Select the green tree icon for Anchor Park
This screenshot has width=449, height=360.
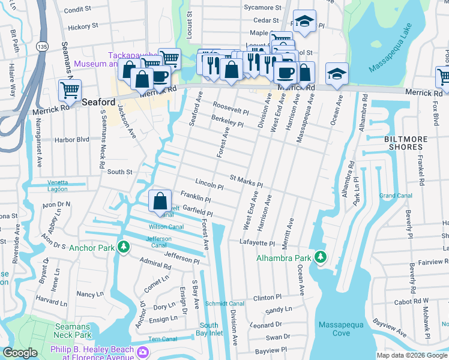(x=124, y=247)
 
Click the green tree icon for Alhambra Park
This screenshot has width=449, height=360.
(x=321, y=257)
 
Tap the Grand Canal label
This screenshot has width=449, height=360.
(x=395, y=196)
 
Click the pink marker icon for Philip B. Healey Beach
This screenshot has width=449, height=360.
(x=143, y=351)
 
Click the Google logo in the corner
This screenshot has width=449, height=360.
(x=20, y=353)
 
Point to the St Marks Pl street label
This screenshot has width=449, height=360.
(x=247, y=181)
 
